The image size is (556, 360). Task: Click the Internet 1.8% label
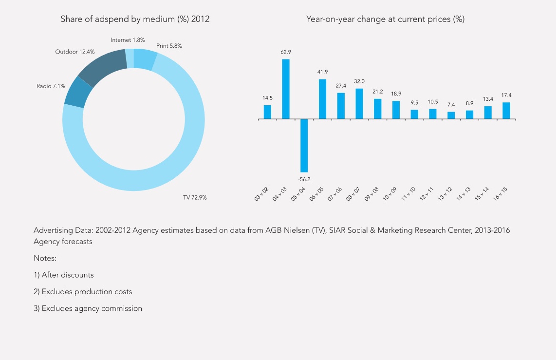[128, 40]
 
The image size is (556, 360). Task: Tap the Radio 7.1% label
[51, 86]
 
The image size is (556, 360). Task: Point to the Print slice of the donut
[145, 59]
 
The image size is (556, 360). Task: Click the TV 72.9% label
[195, 198]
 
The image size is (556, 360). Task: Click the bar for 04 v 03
[286, 89]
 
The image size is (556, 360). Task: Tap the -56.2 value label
[304, 179]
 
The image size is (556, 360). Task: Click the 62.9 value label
[286, 52]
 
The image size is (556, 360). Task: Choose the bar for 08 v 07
[359, 103]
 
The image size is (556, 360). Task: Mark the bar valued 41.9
[322, 99]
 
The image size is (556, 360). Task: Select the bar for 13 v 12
[451, 115]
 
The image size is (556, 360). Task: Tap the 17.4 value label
[506, 95]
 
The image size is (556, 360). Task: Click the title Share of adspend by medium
[135, 19]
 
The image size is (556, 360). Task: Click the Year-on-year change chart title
[385, 19]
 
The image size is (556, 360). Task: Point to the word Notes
[45, 258]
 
